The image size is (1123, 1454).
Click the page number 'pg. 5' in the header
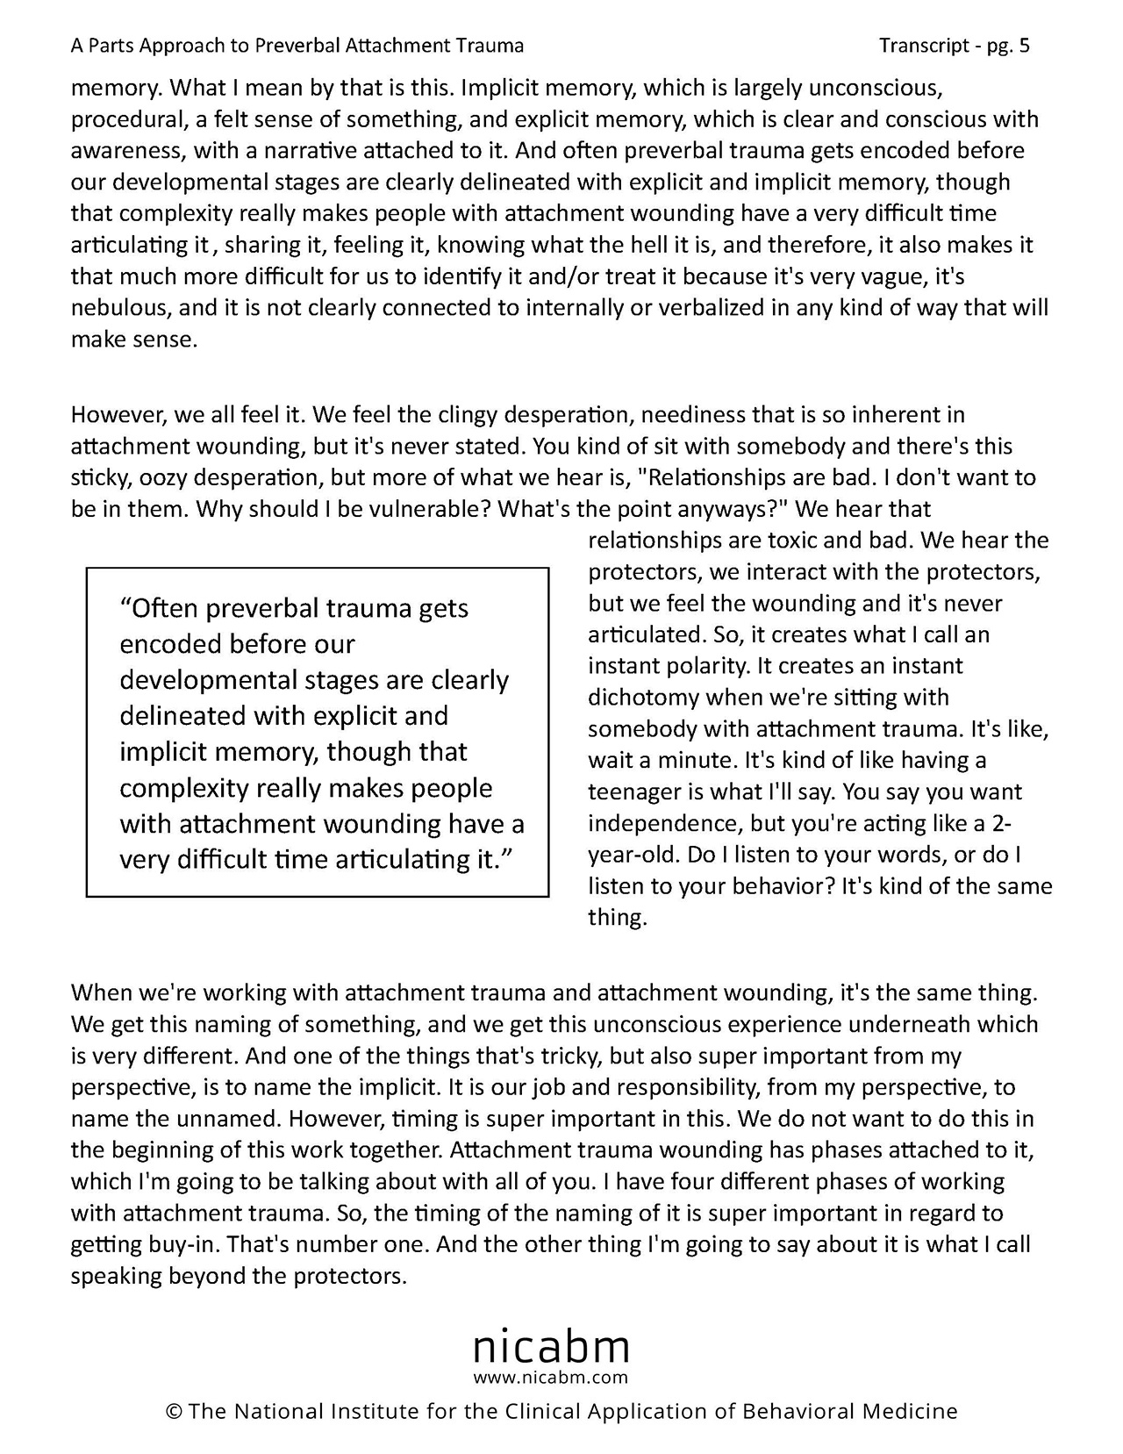1008,46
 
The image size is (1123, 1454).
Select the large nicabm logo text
551,1346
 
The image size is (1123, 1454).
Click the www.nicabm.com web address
551,1377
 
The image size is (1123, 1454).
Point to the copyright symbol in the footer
173,1412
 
